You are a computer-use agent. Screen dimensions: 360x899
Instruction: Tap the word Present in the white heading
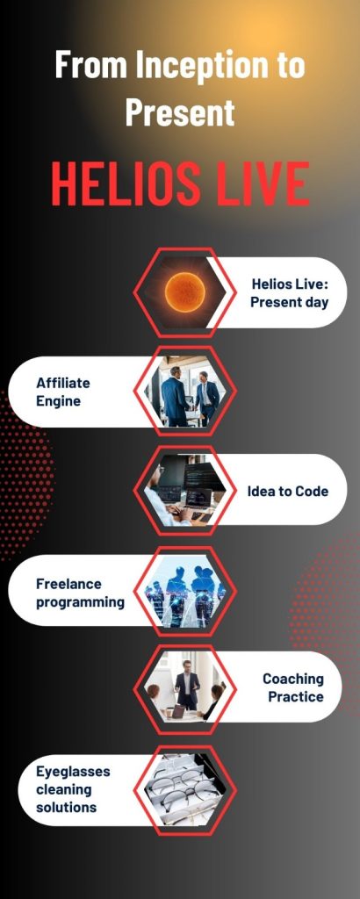click(180, 111)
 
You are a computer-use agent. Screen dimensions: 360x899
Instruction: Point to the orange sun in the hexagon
click(184, 292)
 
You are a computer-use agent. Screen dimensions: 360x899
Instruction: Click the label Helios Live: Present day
click(289, 293)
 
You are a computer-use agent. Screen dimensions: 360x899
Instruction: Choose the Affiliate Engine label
click(63, 392)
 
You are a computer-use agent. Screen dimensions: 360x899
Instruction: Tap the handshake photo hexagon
click(184, 391)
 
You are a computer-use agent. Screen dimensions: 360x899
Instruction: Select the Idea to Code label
click(288, 492)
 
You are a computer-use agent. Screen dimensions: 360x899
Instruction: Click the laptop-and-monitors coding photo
click(184, 491)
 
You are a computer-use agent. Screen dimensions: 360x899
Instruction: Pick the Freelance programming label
click(80, 593)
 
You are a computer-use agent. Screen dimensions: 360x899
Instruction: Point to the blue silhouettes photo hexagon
click(184, 591)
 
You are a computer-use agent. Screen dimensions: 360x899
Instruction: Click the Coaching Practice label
click(293, 687)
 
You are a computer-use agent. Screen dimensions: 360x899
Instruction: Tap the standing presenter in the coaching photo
click(187, 686)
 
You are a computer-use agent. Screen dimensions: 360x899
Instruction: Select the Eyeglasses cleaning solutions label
click(65, 789)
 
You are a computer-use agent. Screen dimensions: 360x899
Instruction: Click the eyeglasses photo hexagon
click(184, 790)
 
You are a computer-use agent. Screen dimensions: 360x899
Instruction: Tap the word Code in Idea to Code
click(312, 492)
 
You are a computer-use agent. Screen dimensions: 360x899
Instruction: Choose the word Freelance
click(68, 584)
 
